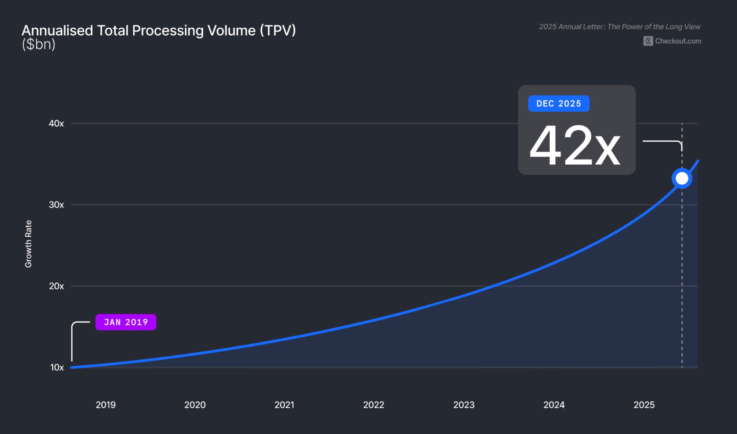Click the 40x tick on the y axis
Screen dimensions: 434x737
(x=56, y=123)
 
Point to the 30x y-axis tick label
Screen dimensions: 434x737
(x=56, y=205)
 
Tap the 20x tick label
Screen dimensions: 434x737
(x=56, y=286)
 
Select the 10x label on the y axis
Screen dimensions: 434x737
(x=57, y=368)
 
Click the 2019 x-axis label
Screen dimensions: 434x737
(x=105, y=405)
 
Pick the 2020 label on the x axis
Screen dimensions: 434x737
(x=195, y=405)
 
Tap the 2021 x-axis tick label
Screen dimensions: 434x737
(x=284, y=405)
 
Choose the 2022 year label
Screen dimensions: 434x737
(x=374, y=405)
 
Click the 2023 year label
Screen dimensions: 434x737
(x=464, y=405)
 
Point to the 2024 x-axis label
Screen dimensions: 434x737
(x=554, y=405)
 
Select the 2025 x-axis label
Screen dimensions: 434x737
(x=644, y=405)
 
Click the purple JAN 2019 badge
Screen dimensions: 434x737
(x=126, y=322)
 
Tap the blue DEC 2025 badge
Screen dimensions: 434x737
(x=559, y=104)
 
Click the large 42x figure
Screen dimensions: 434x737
(x=575, y=146)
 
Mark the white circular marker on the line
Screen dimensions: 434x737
(x=682, y=178)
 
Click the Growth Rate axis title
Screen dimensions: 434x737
(x=29, y=244)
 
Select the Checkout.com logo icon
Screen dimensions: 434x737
(x=648, y=41)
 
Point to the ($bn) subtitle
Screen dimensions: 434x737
(x=39, y=44)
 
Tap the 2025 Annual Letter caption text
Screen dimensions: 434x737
(x=619, y=27)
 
